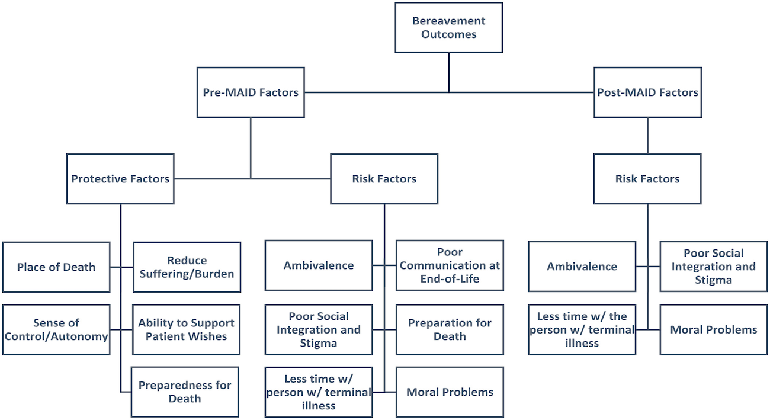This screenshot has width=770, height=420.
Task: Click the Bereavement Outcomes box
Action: click(x=448, y=28)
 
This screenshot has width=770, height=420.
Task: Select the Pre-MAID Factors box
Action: click(x=251, y=92)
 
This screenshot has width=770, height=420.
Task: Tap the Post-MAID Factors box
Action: click(x=647, y=92)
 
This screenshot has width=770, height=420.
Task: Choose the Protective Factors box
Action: click(x=120, y=179)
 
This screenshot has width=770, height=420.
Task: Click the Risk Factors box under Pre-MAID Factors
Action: click(x=384, y=179)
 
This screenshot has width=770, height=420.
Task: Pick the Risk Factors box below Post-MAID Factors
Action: click(x=647, y=179)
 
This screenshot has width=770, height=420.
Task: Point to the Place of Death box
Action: click(x=56, y=267)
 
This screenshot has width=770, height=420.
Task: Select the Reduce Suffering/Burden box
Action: click(x=187, y=267)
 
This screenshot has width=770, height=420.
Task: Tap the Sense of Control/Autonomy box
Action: click(x=56, y=330)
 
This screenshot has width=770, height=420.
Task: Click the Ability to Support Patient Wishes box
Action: click(x=187, y=330)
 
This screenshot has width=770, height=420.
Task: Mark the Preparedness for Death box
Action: click(x=185, y=392)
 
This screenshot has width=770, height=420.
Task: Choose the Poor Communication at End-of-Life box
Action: click(x=450, y=265)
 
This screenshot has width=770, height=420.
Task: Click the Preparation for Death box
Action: click(x=450, y=330)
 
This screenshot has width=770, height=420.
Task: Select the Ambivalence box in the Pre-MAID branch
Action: click(x=319, y=265)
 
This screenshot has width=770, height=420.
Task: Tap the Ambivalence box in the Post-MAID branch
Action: click(x=582, y=267)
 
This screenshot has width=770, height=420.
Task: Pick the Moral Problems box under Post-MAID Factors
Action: click(x=713, y=330)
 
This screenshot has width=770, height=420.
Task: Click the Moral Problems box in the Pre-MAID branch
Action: click(x=450, y=392)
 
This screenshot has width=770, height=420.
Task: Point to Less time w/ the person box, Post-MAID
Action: click(x=582, y=330)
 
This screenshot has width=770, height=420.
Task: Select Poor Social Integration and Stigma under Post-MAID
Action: click(x=713, y=267)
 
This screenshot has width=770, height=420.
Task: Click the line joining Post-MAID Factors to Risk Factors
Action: click(x=647, y=136)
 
